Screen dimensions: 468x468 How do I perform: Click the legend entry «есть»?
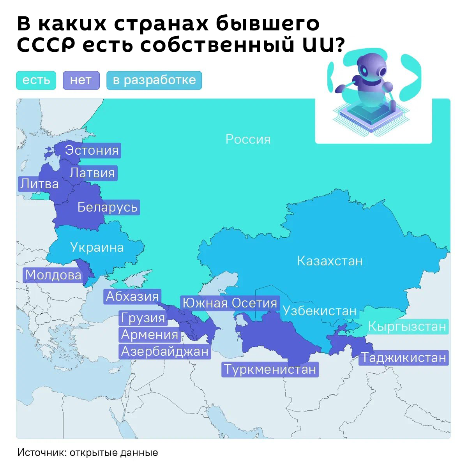36,80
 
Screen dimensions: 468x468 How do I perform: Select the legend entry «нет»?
81,80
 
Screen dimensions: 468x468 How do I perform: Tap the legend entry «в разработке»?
154,80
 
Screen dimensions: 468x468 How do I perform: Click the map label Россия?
248,139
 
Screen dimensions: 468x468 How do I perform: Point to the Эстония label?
92,150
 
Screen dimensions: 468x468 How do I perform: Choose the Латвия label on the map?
92,173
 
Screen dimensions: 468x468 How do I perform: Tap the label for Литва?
39,184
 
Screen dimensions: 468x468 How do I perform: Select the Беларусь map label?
108,207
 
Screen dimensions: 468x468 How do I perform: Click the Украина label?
97,247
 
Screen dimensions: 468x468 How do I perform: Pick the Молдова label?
53,275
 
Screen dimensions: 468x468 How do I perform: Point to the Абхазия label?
132,297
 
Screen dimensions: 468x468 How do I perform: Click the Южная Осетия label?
230,303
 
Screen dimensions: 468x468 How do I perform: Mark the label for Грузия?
143,318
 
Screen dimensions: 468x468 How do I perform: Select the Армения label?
150,335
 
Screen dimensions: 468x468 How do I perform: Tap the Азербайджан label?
165,351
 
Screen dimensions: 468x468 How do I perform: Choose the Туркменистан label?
270,369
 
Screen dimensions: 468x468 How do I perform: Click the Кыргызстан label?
407,326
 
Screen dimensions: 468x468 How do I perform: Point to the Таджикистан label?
404,358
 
